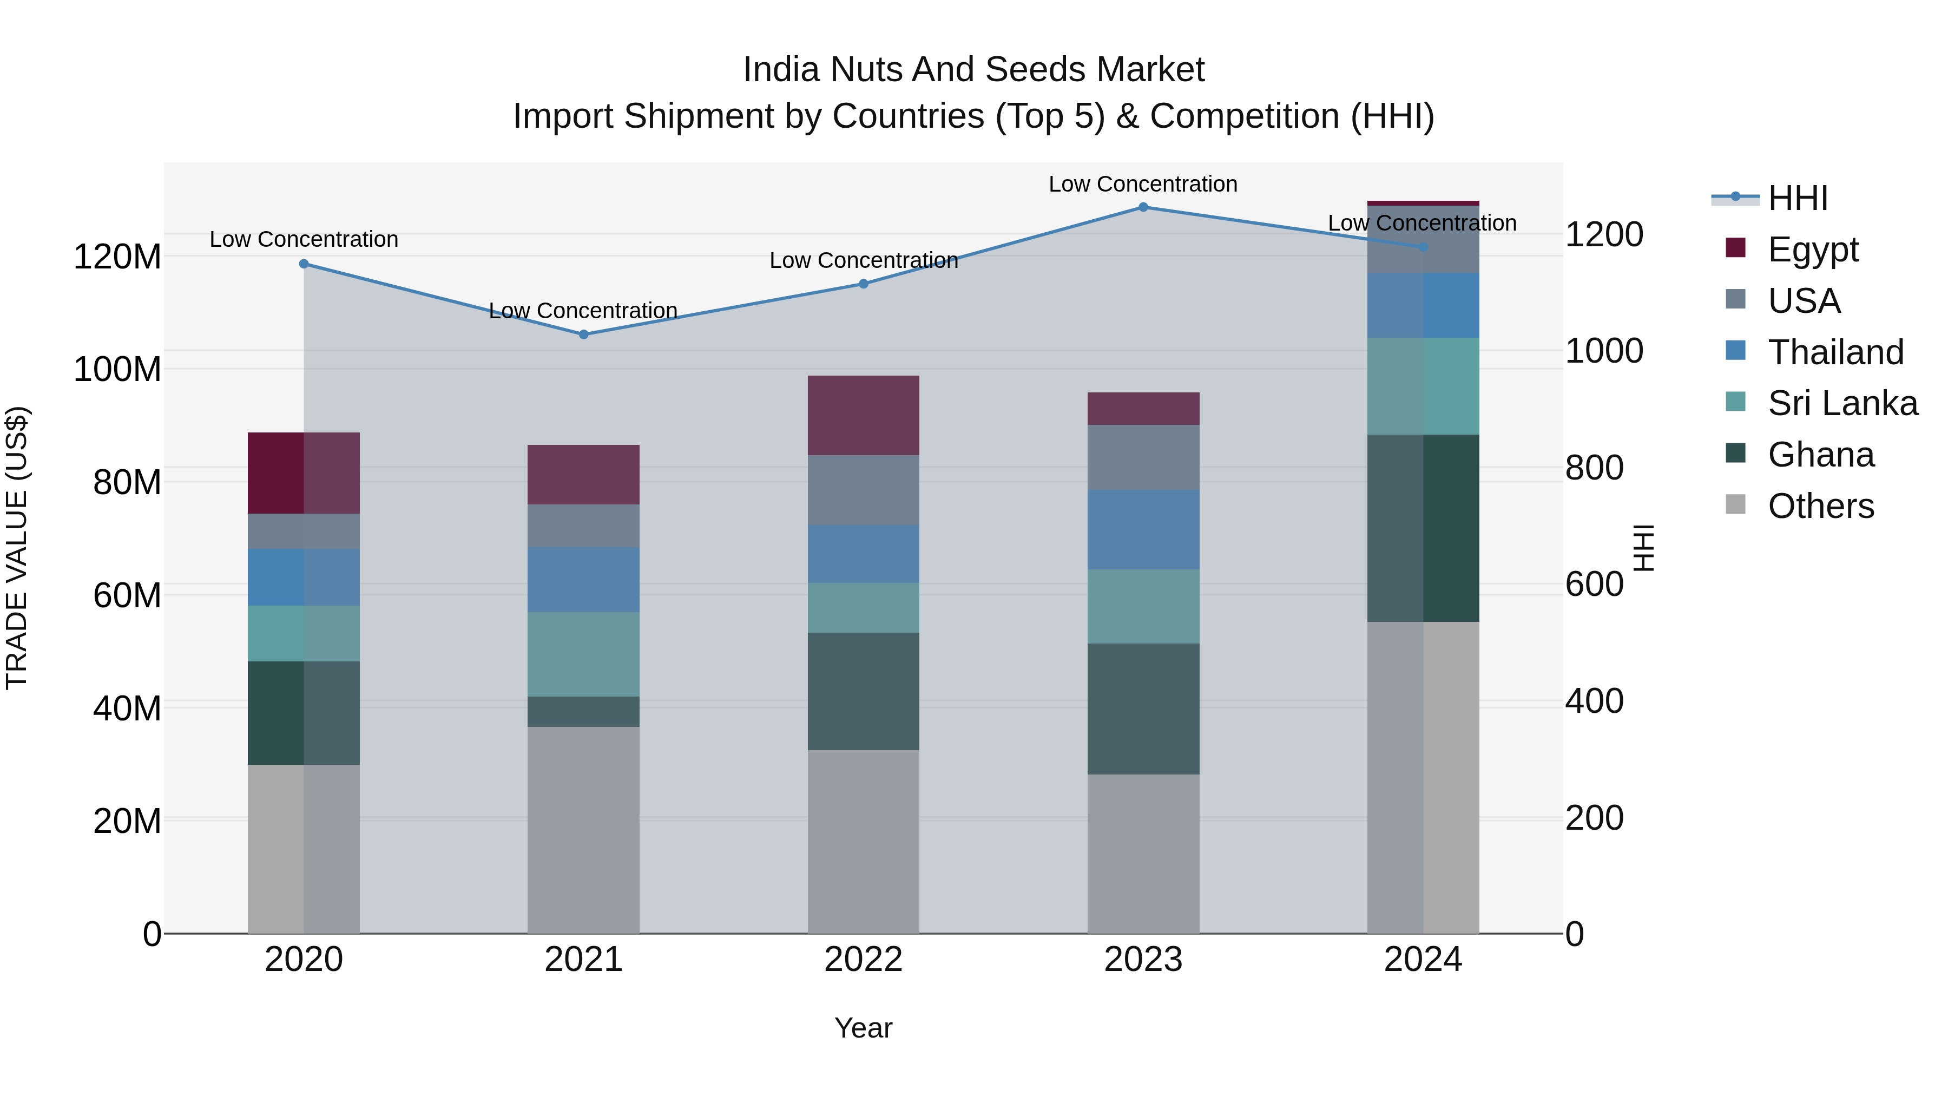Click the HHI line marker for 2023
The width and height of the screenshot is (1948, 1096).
(x=1143, y=207)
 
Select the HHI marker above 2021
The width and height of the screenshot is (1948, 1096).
(x=583, y=334)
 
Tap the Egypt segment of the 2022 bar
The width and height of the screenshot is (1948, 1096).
(x=863, y=415)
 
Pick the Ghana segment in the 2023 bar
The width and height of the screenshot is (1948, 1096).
(x=1143, y=708)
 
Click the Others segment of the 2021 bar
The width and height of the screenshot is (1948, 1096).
(x=583, y=830)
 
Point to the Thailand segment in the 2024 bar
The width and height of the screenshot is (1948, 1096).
(x=1423, y=306)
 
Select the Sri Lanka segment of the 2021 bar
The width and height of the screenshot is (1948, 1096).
(x=583, y=654)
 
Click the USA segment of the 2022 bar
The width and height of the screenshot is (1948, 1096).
(x=863, y=490)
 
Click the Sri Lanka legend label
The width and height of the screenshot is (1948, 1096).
(x=1842, y=403)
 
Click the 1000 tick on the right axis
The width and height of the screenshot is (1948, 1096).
(x=1603, y=351)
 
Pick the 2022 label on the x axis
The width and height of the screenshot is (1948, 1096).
(x=863, y=960)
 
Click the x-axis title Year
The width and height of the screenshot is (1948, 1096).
(x=863, y=1028)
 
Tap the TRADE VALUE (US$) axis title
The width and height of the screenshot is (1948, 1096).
(x=17, y=548)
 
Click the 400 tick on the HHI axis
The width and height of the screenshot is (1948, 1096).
(x=1594, y=701)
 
